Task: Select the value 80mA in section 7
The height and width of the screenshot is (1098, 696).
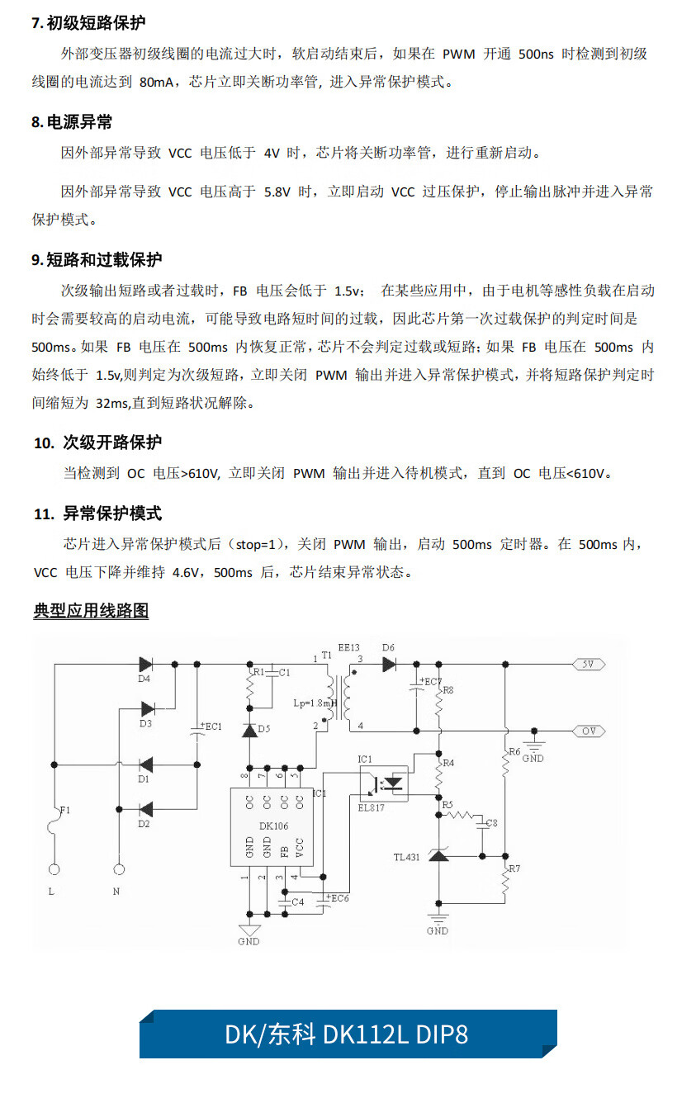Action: [158, 83]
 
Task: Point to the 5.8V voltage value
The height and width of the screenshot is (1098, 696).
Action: [277, 192]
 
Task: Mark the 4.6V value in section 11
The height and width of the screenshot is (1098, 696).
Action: [190, 572]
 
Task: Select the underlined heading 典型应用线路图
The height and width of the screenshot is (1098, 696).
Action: [91, 611]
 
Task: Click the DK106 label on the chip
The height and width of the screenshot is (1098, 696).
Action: [272, 825]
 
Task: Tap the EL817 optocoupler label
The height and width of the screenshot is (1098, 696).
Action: [372, 807]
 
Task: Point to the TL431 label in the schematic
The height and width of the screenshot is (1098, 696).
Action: [406, 857]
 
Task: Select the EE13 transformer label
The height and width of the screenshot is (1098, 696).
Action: [348, 648]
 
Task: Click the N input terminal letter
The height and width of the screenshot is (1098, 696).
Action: [116, 892]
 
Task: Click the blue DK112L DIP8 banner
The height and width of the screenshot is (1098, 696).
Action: [347, 1034]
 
